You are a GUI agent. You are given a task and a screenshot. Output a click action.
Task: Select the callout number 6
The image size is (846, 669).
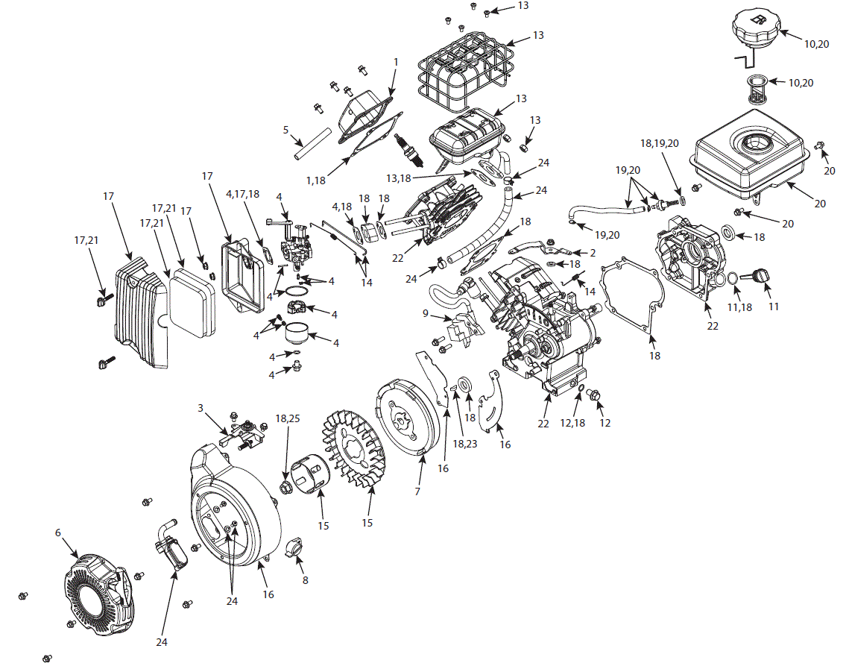[x=57, y=533]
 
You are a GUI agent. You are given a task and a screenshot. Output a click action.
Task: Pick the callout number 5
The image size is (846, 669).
[x=285, y=129]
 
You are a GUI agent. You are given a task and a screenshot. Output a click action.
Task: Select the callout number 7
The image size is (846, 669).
[x=417, y=491]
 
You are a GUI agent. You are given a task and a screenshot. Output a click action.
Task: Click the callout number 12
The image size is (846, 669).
[x=604, y=423]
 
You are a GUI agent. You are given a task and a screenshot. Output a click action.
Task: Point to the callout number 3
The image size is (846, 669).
[x=201, y=408]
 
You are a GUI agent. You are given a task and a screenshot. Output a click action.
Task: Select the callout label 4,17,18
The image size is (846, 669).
[x=244, y=195]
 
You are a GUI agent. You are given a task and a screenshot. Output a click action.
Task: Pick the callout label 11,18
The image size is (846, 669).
[x=739, y=307]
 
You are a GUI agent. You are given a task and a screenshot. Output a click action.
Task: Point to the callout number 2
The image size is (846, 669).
[x=593, y=253]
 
